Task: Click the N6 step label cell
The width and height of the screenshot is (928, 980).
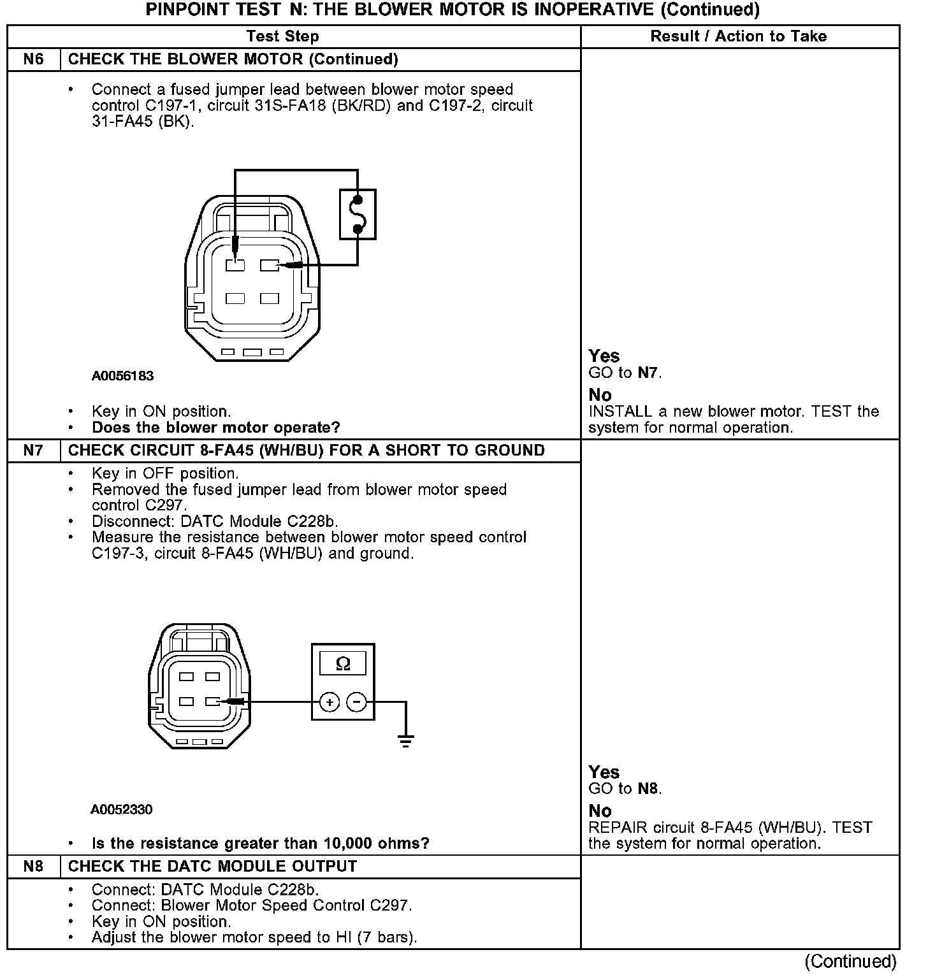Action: click(33, 59)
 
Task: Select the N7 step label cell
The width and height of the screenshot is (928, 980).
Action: click(33, 450)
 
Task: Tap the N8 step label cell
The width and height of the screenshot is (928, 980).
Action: click(33, 867)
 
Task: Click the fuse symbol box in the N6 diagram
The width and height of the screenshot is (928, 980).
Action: click(358, 214)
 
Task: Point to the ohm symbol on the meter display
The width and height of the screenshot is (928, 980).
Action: click(343, 664)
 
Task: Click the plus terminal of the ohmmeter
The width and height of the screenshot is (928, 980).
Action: click(329, 703)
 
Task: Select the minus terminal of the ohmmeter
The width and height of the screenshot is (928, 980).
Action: click(356, 703)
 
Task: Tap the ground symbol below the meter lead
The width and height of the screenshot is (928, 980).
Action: click(405, 740)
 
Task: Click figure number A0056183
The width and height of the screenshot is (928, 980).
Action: click(122, 376)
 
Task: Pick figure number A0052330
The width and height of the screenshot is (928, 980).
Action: click(121, 810)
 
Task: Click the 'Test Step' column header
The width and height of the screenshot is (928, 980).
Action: click(282, 36)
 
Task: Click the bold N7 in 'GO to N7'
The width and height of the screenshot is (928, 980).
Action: click(648, 373)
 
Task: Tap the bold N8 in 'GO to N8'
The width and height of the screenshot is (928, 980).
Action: click(648, 789)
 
